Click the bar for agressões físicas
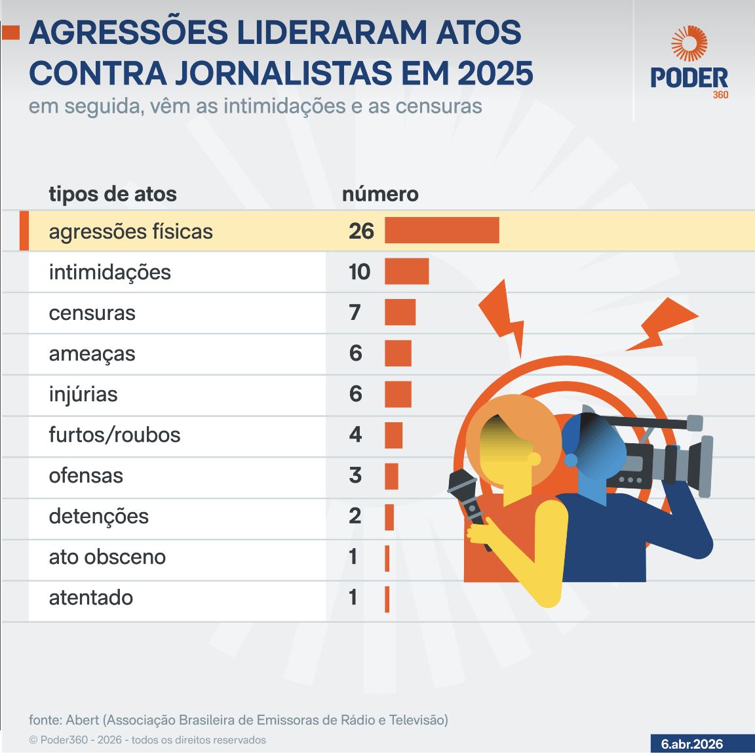(442, 231)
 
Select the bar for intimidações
(406, 271)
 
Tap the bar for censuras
(400, 312)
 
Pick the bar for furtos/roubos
(393, 435)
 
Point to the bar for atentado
(387, 599)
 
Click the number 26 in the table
(361, 231)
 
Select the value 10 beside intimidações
(359, 271)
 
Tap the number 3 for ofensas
(355, 475)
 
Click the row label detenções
(98, 517)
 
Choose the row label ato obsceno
(107, 557)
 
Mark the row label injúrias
(83, 394)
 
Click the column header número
(380, 194)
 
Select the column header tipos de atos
(113, 194)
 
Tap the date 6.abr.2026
(692, 744)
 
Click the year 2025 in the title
(495, 73)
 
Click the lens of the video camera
(704, 466)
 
